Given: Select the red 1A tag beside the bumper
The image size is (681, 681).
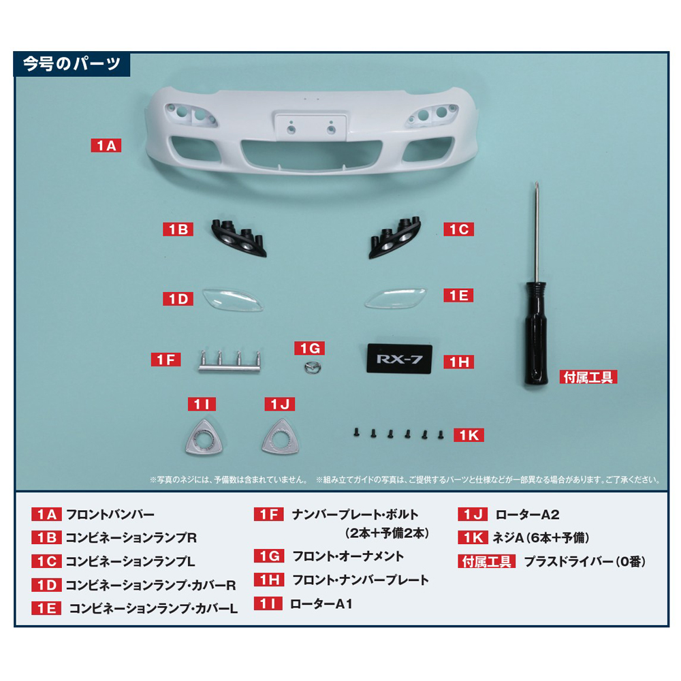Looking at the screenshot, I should click(106, 145).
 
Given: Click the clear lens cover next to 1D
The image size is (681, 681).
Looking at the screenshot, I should click(234, 300).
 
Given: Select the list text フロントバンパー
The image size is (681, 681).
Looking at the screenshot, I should click(110, 515).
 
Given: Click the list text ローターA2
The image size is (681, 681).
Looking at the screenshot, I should click(527, 515).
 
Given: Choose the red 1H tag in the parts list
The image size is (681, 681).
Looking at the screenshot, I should click(269, 580).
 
